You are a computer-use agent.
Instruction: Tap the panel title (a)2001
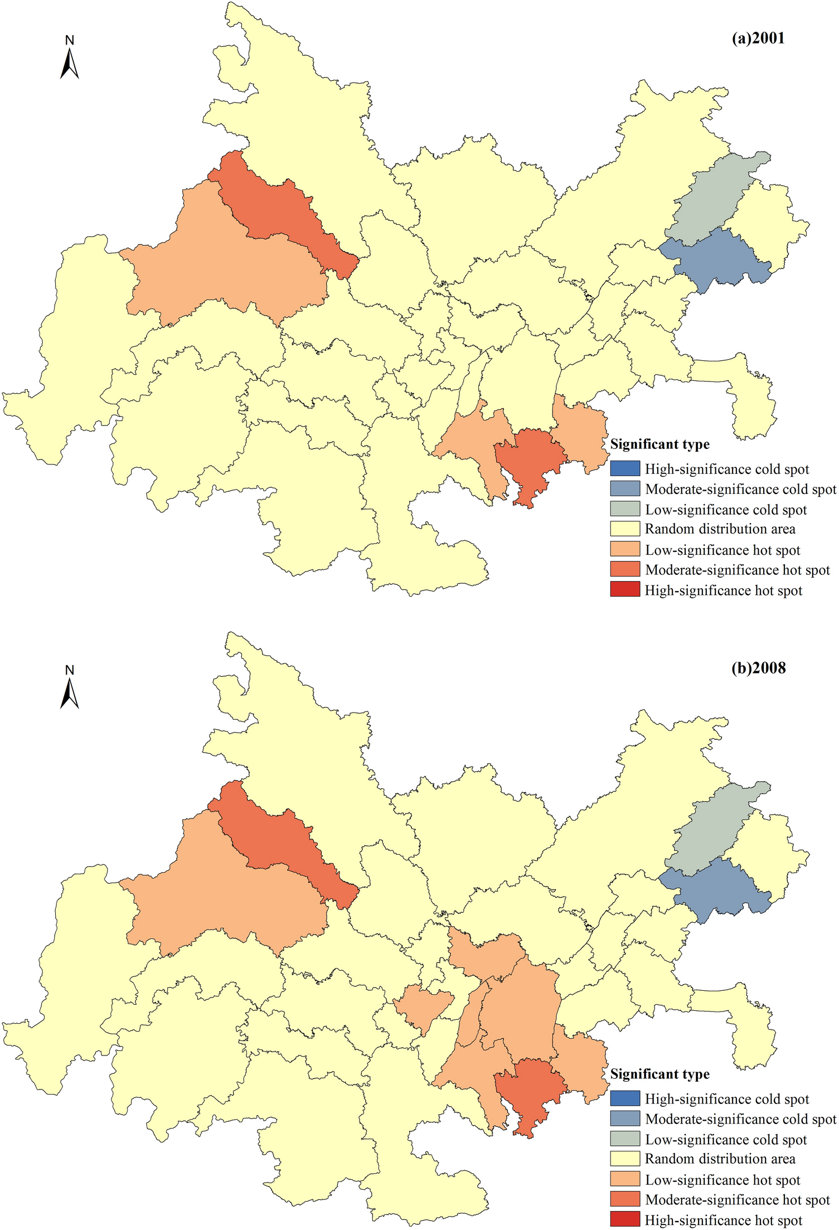click(758, 38)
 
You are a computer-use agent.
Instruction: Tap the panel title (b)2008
click(758, 667)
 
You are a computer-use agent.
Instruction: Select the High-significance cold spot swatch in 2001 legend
click(624, 468)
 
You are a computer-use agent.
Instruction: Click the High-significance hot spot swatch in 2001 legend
click(624, 589)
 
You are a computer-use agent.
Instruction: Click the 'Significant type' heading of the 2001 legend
click(659, 444)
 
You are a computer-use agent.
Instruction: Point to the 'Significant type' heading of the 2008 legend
click(659, 1074)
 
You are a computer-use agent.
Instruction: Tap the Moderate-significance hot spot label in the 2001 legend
click(737, 570)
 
